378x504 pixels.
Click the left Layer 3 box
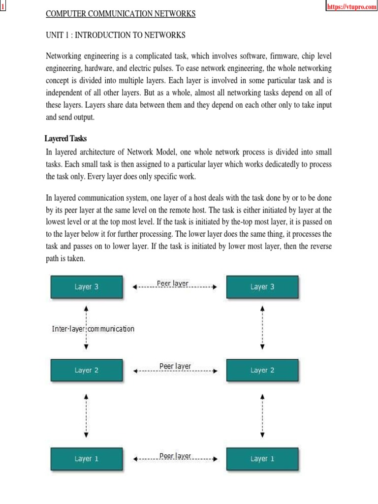pyautogui.click(x=86, y=287)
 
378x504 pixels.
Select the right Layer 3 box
pyautogui.click(x=262, y=287)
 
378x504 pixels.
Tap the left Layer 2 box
pyautogui.click(x=86, y=370)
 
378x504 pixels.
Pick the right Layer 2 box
pyautogui.click(x=262, y=370)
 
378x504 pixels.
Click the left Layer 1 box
pyautogui.click(x=86, y=459)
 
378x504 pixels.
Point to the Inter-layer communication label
pyautogui.click(x=93, y=329)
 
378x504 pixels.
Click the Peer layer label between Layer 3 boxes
pyautogui.click(x=172, y=283)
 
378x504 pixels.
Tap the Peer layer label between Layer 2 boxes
pyautogui.click(x=175, y=366)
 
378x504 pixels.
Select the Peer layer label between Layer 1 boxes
pyautogui.click(x=175, y=456)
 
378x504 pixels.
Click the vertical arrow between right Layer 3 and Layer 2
pyautogui.click(x=262, y=328)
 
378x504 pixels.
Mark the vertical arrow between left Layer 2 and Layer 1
pyautogui.click(x=87, y=415)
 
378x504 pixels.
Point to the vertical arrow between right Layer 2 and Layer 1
pyautogui.click(x=262, y=415)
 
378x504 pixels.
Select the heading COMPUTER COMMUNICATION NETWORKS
pyautogui.click(x=121, y=14)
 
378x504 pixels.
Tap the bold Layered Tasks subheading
pyautogui.click(x=65, y=139)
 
